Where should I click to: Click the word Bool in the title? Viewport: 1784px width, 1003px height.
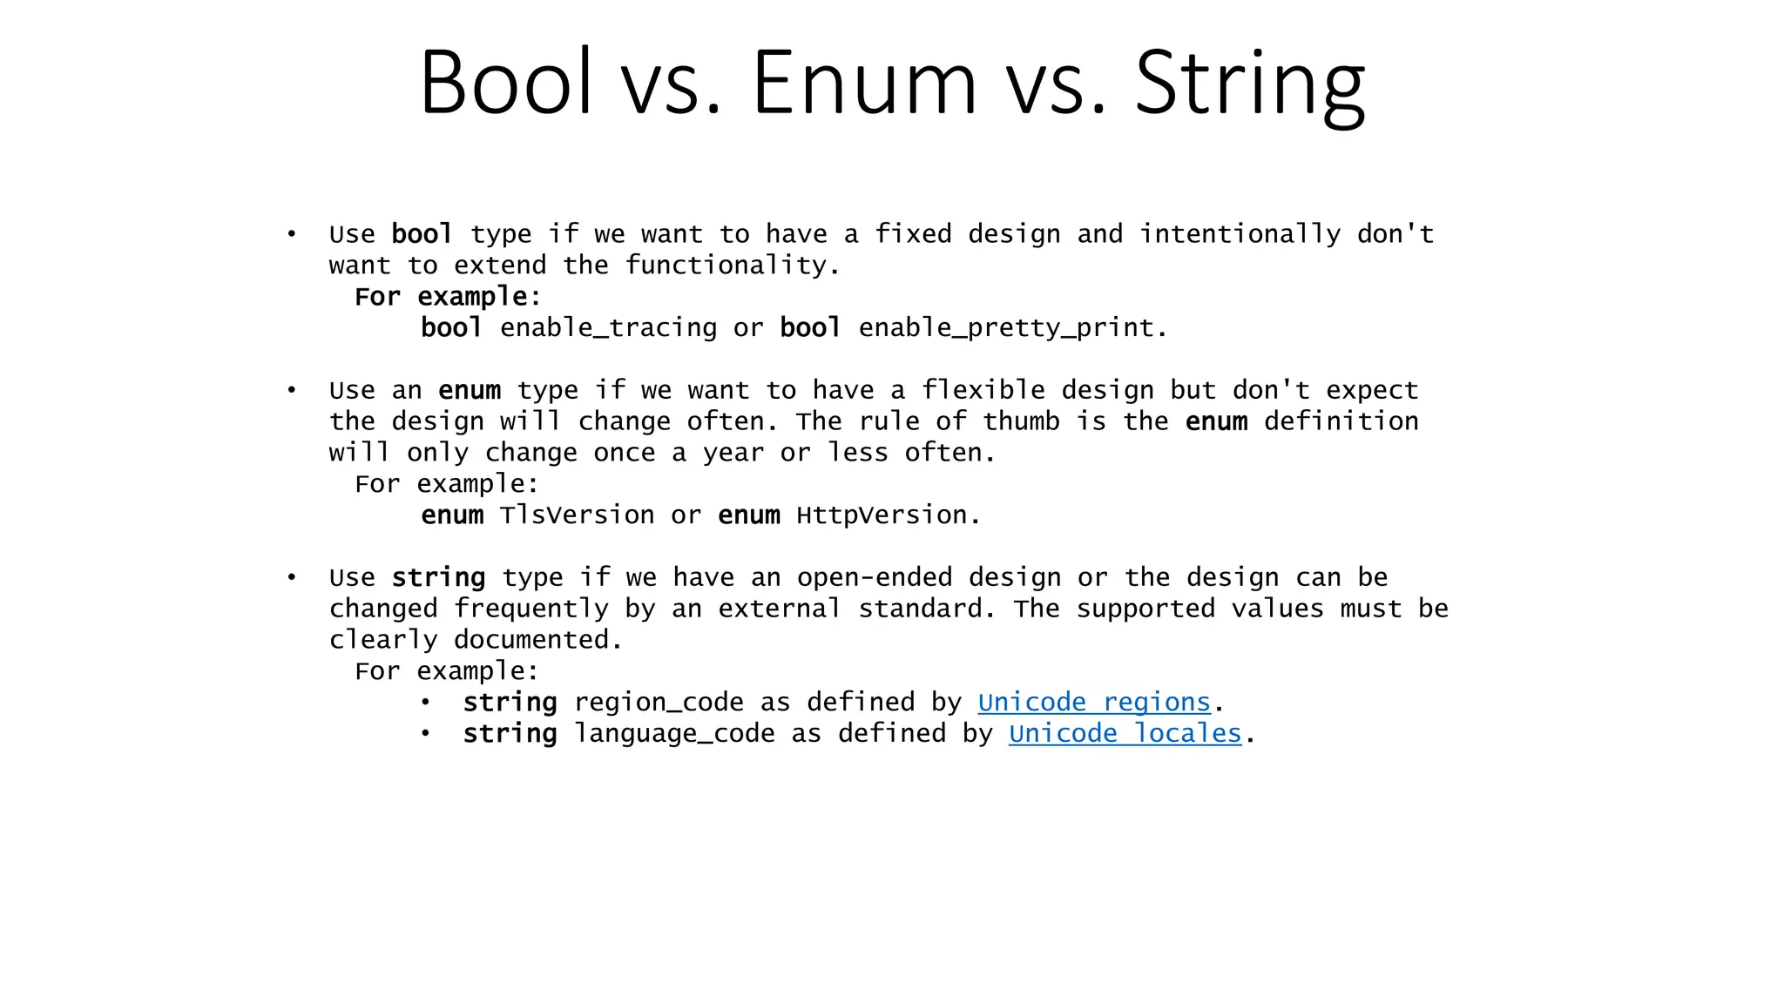tap(506, 83)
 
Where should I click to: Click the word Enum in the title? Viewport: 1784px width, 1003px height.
tap(863, 83)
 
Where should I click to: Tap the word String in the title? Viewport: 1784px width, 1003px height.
tap(1249, 83)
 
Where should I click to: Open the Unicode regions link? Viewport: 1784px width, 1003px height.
tap(1094, 702)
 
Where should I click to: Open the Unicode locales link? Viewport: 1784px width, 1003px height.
tap(1125, 733)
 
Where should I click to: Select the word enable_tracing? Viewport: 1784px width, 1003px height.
tap(608, 328)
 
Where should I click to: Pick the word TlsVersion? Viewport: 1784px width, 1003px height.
tap(577, 515)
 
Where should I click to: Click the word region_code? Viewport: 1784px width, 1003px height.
tap(659, 702)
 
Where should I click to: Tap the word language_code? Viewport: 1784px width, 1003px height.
tap(674, 733)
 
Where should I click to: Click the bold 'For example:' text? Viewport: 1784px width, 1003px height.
tap(447, 297)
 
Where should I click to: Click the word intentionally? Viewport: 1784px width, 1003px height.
tap(1240, 234)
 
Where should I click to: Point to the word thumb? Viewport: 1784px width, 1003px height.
tap(1021, 421)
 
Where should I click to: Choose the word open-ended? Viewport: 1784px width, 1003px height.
tap(874, 577)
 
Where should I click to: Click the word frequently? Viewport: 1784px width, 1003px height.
tap(530, 609)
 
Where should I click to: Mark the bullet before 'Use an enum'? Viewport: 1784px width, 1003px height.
tap(292, 390)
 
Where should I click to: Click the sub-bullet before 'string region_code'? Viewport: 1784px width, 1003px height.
tap(425, 702)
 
